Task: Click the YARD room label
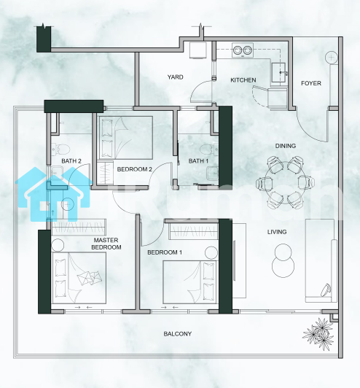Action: pyautogui.click(x=176, y=77)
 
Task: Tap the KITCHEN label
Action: pyautogui.click(x=243, y=80)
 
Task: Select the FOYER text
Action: pyautogui.click(x=311, y=83)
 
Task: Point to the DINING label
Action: pyautogui.click(x=286, y=146)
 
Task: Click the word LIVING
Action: pyautogui.click(x=277, y=232)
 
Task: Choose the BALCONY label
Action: pyautogui.click(x=178, y=334)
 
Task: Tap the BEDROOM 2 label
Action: pyautogui.click(x=135, y=169)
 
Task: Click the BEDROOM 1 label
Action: pyautogui.click(x=165, y=252)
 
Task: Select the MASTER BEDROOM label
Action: pyautogui.click(x=106, y=244)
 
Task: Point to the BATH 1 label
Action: pyautogui.click(x=198, y=161)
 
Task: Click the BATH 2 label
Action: pyautogui.click(x=71, y=161)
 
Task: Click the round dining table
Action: pyautogui.click(x=286, y=182)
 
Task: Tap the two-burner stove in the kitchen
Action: pyautogui.click(x=243, y=50)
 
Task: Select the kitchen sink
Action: pyautogui.click(x=278, y=72)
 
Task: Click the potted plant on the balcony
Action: pyautogui.click(x=318, y=334)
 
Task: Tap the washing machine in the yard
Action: pyautogui.click(x=197, y=50)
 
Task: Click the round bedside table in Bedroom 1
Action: pyautogui.click(x=211, y=252)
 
